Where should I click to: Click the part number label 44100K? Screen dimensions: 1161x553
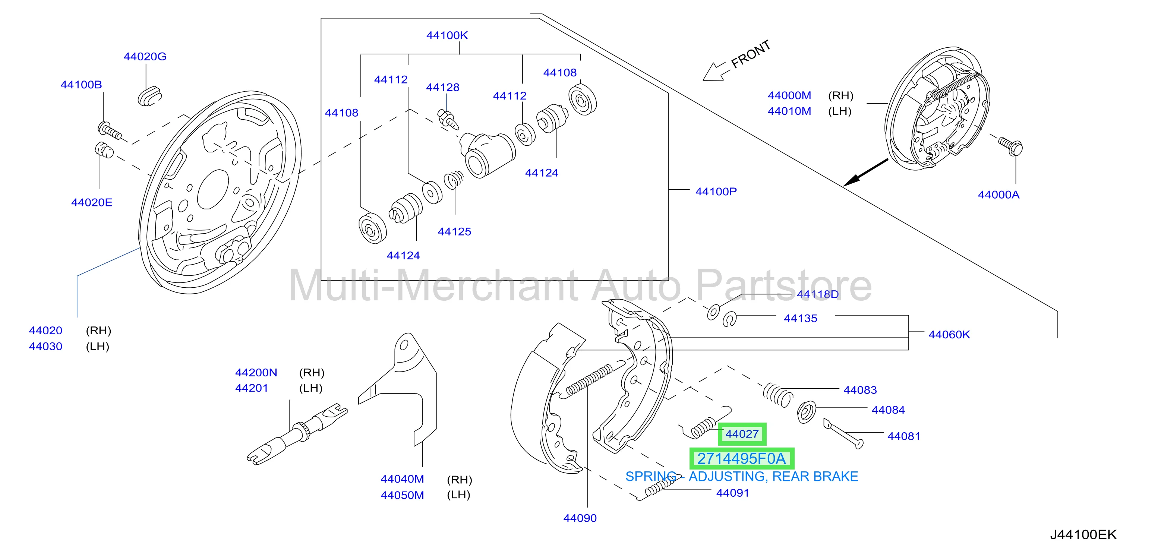click(x=447, y=35)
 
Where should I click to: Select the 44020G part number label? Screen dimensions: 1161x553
click(x=145, y=56)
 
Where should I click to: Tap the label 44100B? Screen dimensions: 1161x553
click(x=81, y=84)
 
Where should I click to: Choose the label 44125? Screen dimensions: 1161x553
click(x=454, y=232)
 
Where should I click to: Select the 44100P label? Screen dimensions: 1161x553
click(x=716, y=192)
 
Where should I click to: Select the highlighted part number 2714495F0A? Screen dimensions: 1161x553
click(x=742, y=459)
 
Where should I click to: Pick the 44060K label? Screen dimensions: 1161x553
click(x=949, y=334)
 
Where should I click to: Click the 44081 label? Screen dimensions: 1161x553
click(x=904, y=436)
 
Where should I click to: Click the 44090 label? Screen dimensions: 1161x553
click(x=580, y=518)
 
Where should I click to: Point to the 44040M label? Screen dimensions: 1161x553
click(x=403, y=479)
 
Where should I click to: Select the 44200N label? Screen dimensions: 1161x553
click(x=256, y=373)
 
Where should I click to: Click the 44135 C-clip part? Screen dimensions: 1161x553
click(x=729, y=319)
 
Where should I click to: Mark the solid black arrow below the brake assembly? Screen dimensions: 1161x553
click(x=866, y=172)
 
